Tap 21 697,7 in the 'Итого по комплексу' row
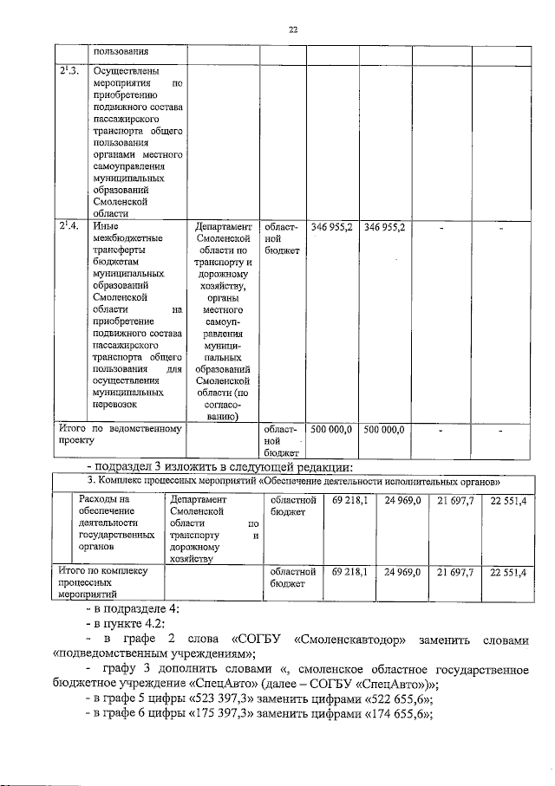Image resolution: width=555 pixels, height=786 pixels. (x=455, y=572)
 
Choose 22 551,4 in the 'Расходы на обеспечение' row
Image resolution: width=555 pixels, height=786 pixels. (x=507, y=501)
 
